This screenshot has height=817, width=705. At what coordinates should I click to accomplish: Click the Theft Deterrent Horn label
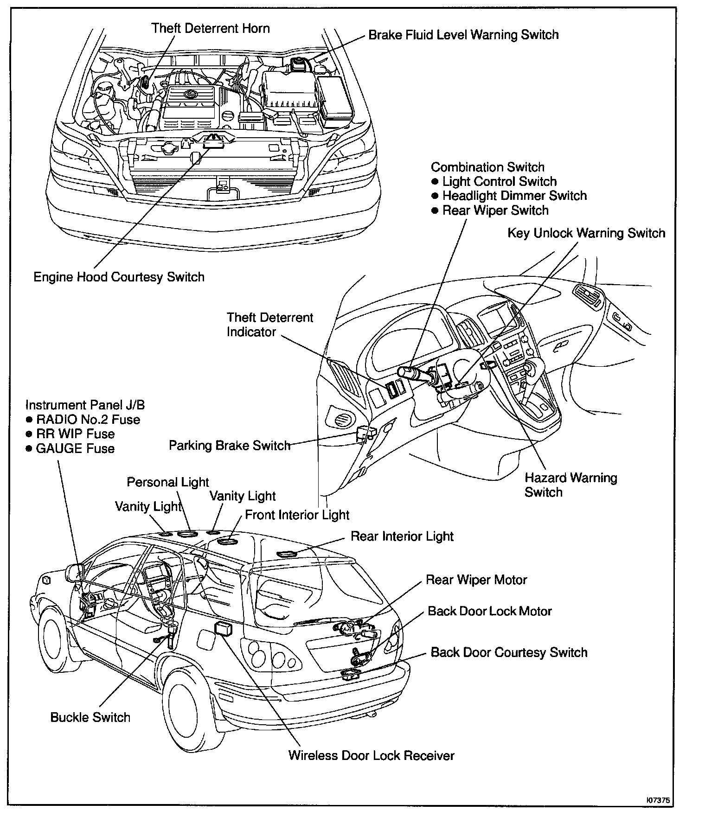click(x=211, y=28)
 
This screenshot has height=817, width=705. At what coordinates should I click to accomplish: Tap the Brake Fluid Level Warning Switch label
click(x=463, y=35)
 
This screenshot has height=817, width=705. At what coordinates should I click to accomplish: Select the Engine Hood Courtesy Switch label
click(x=119, y=277)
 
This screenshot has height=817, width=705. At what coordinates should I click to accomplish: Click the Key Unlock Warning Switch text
click(x=586, y=233)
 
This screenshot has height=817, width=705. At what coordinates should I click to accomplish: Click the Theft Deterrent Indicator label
click(x=269, y=325)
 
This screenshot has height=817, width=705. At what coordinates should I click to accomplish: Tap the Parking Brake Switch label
click(x=229, y=446)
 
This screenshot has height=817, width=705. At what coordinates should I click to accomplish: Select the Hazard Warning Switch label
click(x=570, y=485)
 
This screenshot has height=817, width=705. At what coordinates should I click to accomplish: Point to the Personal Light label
click(x=168, y=482)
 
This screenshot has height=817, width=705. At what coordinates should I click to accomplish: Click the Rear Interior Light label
click(x=402, y=536)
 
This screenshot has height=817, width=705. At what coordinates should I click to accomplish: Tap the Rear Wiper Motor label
click(x=476, y=580)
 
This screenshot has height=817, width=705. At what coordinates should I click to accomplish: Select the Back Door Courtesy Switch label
click(x=509, y=652)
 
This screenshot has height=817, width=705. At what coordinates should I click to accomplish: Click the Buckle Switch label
click(x=90, y=717)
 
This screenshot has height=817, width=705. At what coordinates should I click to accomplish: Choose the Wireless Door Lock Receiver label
click(x=371, y=755)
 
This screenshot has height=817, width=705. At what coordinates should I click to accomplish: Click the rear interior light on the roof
click(x=287, y=553)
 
